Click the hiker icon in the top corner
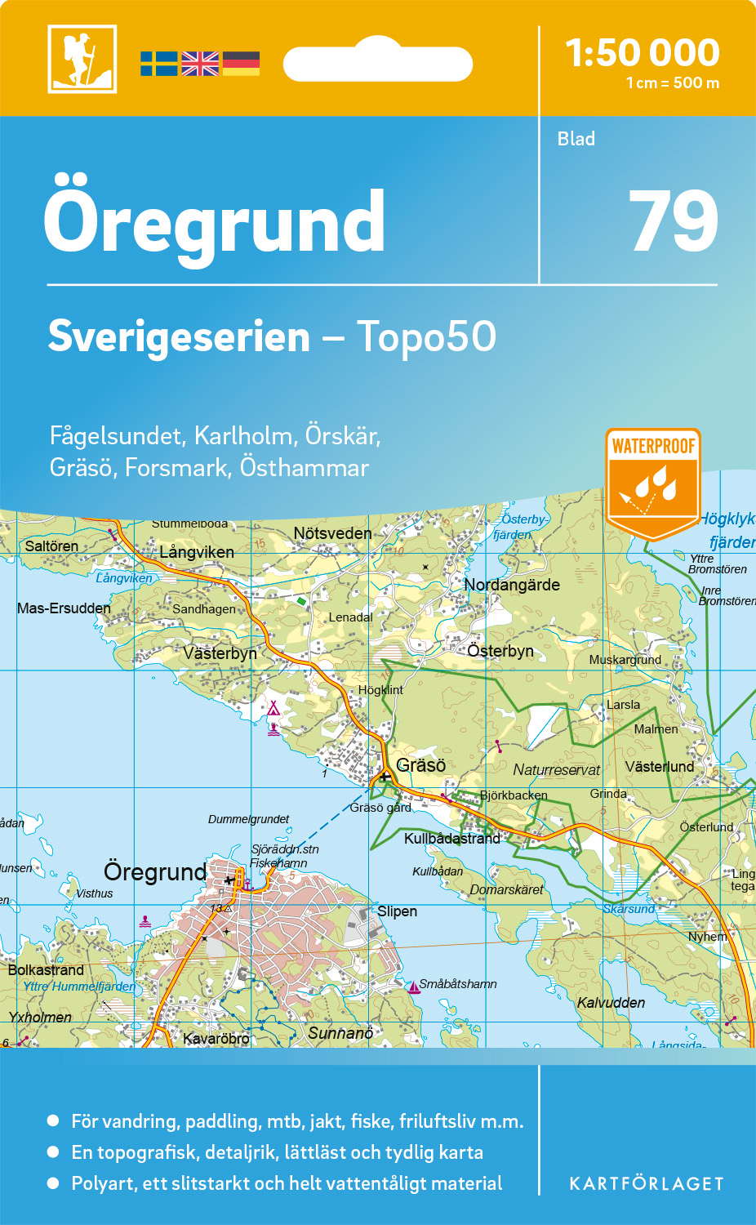point(82,59)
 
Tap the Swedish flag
point(158,64)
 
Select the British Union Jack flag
point(200,64)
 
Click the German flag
point(241,64)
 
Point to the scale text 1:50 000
point(643,53)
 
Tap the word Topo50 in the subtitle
point(426,336)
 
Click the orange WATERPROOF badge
point(653,482)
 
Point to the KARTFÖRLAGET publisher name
point(647,1184)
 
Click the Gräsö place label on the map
point(420,765)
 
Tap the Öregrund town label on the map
point(155,871)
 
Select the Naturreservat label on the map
point(556,770)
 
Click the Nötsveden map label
point(332,533)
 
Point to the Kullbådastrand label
point(452,839)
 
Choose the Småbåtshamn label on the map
point(458,984)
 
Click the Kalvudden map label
point(611,1003)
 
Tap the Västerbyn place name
point(220,653)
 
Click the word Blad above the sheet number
point(576,139)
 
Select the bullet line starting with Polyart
point(287,1183)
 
